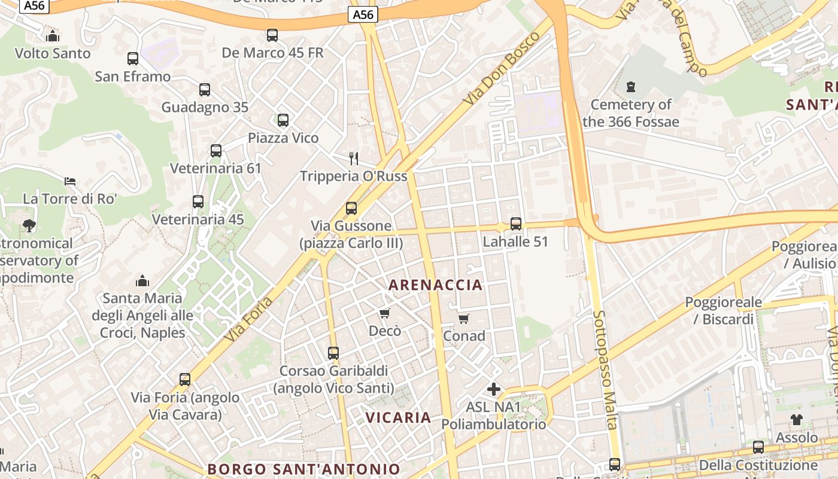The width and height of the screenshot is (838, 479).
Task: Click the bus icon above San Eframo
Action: [x=133, y=59]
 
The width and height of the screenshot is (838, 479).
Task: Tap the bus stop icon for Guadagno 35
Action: [x=205, y=90]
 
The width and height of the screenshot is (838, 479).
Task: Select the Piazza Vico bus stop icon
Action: [x=283, y=120]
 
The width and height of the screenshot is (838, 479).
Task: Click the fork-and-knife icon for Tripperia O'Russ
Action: [x=354, y=158]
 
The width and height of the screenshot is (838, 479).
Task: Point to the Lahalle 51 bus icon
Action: [x=516, y=224]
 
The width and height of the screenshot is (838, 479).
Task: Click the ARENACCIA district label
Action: [x=436, y=285]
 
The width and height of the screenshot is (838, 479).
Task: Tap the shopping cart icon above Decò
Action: [x=385, y=313]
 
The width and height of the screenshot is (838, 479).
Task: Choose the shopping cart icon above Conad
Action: [x=464, y=319]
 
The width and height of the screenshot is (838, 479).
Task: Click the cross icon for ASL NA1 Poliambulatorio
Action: [x=494, y=390]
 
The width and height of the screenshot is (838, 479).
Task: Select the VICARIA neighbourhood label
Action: [x=398, y=417]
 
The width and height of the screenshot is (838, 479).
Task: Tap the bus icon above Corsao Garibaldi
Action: [x=333, y=353]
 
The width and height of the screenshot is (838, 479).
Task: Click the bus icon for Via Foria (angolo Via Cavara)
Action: [x=185, y=379]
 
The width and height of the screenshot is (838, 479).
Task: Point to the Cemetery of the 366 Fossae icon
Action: [x=630, y=87]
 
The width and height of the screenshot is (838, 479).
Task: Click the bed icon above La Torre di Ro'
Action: [x=70, y=181]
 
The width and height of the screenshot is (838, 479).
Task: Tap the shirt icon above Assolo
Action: [x=797, y=420]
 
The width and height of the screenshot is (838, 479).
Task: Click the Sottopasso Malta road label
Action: [x=605, y=369]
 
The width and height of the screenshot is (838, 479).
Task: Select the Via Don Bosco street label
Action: [x=502, y=69]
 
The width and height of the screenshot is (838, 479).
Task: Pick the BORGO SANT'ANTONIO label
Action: [x=303, y=469]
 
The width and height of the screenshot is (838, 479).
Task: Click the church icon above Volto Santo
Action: [x=53, y=36]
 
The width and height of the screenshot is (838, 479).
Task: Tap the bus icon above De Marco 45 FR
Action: [x=272, y=35]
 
